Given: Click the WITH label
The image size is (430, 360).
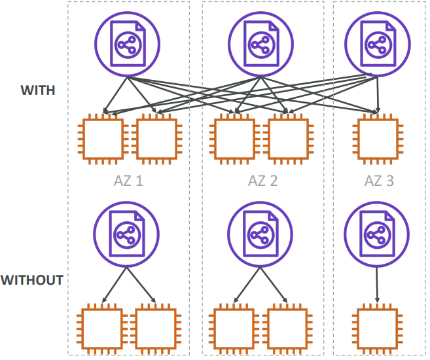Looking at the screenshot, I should pyautogui.click(x=37, y=91).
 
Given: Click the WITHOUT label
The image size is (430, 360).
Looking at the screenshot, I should pyautogui.click(x=32, y=280).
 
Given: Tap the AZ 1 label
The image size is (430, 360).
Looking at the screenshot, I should pyautogui.click(x=128, y=181).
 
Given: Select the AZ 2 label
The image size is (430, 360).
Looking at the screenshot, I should pyautogui.click(x=262, y=181).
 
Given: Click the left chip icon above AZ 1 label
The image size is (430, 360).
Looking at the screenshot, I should pyautogui.click(x=101, y=139).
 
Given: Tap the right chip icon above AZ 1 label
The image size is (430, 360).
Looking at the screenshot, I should pyautogui.click(x=156, y=139).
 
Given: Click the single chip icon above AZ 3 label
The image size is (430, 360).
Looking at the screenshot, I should pyautogui.click(x=377, y=139).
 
